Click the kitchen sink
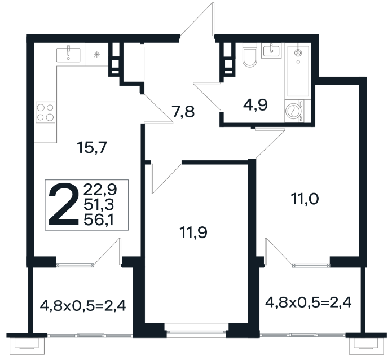68,55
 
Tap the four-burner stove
45,112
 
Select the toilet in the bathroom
250,55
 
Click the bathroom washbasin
271,51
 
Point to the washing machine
294,111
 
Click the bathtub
298,71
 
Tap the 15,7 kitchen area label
92,147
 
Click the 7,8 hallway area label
183,112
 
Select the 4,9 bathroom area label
256,105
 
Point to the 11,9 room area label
193,232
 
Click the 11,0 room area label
305,199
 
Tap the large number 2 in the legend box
63,204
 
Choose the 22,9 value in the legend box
100,190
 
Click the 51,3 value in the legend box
99,205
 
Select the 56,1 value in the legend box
99,220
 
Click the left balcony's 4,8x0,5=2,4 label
83,305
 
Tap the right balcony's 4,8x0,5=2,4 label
309,302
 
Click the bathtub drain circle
298,62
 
